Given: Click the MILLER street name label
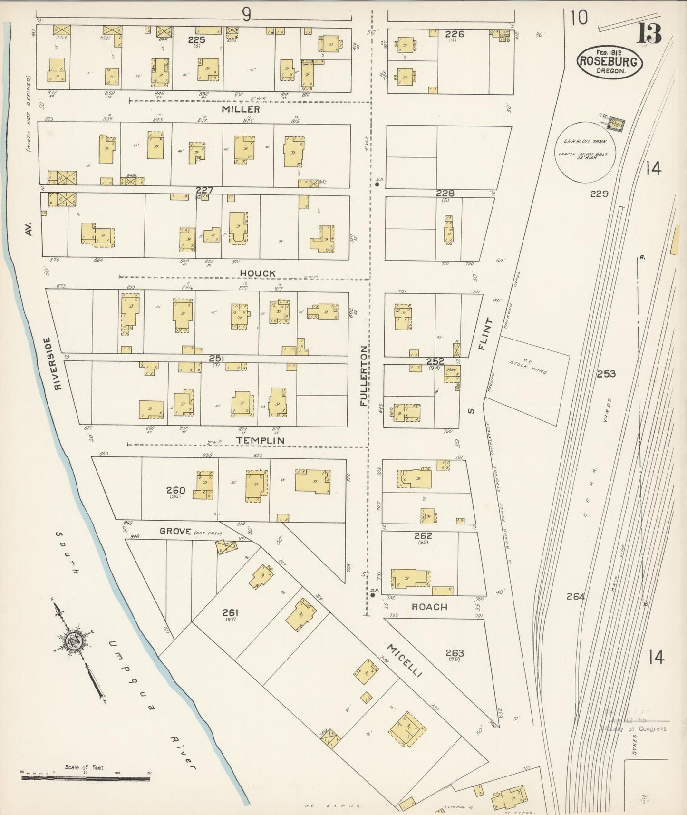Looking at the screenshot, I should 247,109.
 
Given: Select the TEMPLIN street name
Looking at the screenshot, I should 260,441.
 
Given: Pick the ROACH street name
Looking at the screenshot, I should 429,607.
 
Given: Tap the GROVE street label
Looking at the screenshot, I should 175,531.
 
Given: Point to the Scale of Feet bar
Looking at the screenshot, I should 86,779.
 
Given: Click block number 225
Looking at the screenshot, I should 196,40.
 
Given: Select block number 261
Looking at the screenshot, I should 230,613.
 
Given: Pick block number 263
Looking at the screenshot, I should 455,653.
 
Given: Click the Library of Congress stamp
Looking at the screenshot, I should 632,728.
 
